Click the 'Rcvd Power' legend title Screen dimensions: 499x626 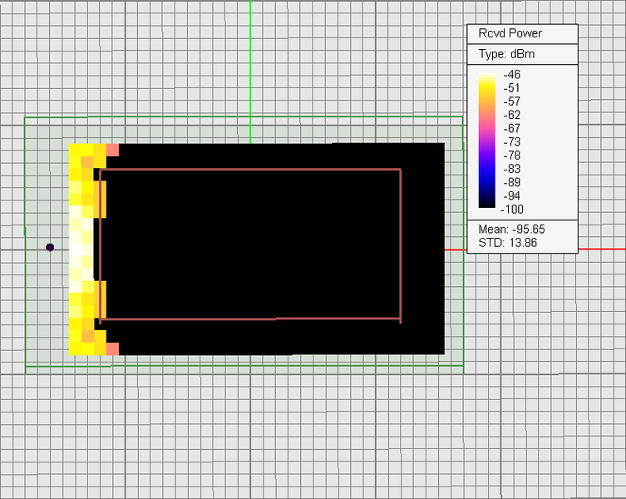(510, 33)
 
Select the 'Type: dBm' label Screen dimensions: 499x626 (506, 54)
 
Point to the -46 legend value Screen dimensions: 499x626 (512, 75)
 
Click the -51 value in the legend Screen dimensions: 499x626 (512, 88)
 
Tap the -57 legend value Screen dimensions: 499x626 (512, 101)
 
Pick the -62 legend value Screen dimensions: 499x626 (512, 115)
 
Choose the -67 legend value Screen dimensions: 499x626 (512, 128)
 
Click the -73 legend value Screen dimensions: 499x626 (512, 142)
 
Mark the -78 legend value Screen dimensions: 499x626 (512, 156)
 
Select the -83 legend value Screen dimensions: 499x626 (512, 169)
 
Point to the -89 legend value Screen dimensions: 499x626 (512, 182)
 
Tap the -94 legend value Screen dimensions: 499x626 (512, 195)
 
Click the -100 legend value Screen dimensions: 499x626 (515, 209)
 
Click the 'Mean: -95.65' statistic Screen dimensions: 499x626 (511, 229)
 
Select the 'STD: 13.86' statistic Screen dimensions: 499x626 (508, 241)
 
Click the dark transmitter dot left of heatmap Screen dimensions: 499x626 (50, 247)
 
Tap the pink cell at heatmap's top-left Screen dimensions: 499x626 (112, 150)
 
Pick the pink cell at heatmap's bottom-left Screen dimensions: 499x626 (112, 348)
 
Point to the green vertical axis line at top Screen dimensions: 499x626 (250, 58)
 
